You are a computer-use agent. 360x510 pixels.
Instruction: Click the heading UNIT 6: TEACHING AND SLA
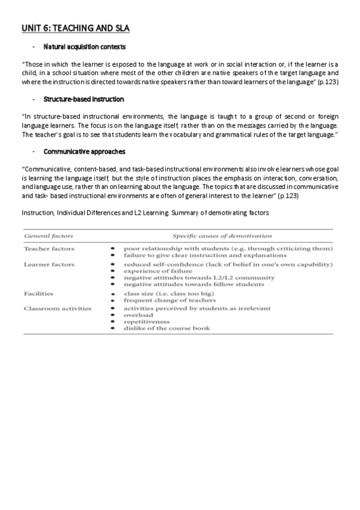75,28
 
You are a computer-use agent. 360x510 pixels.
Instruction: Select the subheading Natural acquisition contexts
84,47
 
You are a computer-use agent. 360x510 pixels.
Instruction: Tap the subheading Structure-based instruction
84,99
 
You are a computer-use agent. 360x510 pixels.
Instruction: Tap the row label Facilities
39,293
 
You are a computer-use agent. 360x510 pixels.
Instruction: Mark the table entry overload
138,315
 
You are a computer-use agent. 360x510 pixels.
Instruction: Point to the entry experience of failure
158,271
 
